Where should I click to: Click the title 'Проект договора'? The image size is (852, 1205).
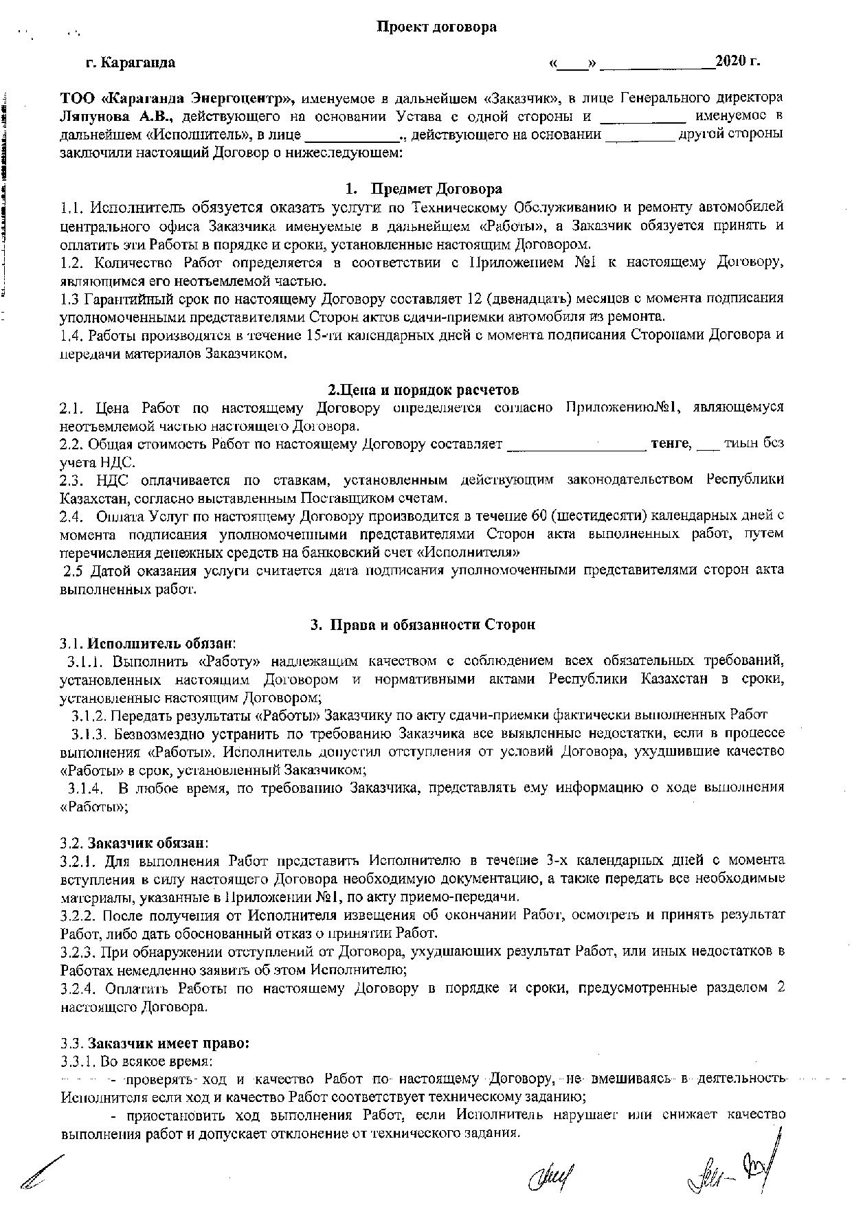pyautogui.click(x=436, y=27)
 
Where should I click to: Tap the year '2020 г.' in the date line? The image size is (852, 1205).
pyautogui.click(x=737, y=61)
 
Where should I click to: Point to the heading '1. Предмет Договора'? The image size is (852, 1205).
pyautogui.click(x=423, y=189)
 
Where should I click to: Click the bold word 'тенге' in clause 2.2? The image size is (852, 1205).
pyautogui.click(x=670, y=444)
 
